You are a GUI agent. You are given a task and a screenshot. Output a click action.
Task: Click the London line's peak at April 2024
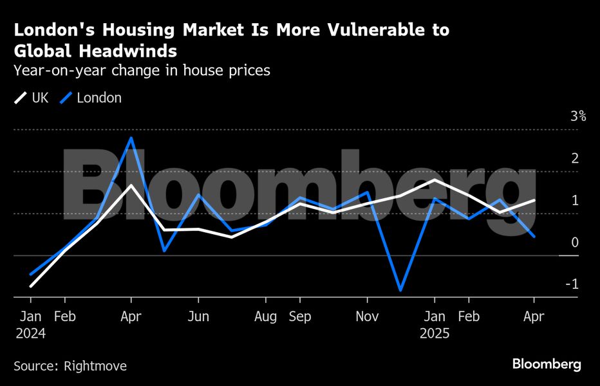pos(131,138)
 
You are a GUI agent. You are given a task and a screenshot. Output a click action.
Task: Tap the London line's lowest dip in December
pos(400,290)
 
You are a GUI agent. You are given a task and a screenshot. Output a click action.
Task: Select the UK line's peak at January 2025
pos(435,179)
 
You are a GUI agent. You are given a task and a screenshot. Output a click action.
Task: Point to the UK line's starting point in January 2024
pos(31,286)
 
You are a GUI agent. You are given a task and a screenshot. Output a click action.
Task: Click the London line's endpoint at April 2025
pos(534,236)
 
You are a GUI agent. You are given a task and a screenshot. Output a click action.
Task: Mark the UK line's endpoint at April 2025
pos(534,201)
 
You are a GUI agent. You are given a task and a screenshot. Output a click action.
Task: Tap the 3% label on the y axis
pos(577,116)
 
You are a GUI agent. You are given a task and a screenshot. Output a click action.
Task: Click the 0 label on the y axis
pos(575,243)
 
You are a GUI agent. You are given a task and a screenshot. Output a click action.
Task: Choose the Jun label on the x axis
pos(198,317)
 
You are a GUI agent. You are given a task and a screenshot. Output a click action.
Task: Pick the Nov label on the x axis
pos(366,317)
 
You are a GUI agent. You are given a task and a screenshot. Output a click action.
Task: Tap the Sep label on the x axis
pos(300,317)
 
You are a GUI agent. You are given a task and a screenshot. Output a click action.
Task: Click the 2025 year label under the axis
pos(435,334)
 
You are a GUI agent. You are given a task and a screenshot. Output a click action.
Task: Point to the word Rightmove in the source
pos(95,366)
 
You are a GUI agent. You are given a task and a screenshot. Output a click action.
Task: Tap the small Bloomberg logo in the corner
pos(547,364)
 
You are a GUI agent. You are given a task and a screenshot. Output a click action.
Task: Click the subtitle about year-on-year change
pos(142,71)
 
